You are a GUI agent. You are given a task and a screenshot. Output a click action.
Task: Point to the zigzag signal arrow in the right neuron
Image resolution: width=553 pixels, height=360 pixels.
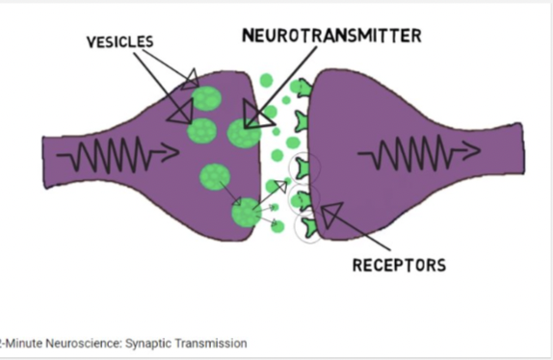(x=418, y=151)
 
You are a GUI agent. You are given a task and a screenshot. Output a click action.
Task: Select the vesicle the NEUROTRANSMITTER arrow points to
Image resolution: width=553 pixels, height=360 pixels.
(x=245, y=132)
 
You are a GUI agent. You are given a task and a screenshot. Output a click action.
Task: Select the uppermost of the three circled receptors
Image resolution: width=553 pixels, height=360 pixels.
(x=307, y=167)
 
